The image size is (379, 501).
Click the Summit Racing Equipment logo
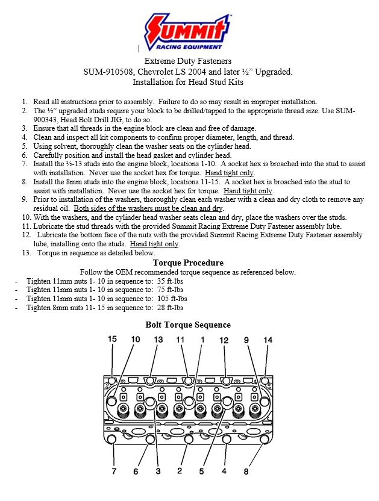pos(189,33)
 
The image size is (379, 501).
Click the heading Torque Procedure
pos(188,263)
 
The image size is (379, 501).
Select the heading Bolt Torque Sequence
pos(188,325)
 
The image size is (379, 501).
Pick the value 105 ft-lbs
pos(174,298)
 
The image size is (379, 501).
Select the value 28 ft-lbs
pos(171,307)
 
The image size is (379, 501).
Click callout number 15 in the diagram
pos(112,339)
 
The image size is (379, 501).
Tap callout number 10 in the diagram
pos(136,340)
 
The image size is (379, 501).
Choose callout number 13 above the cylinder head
pos(158,340)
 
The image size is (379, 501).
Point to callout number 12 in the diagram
pos(224,340)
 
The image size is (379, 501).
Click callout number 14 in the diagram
pos(268,340)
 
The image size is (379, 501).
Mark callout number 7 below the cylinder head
pos(114,470)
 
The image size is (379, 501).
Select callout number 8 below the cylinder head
pos(246,471)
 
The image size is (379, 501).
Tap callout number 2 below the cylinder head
pos(180,471)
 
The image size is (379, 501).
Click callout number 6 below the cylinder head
pos(136,471)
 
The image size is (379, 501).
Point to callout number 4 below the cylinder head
pos(224,471)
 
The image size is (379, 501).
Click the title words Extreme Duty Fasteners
pos(188,61)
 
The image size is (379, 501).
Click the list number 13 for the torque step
pos(26,253)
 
